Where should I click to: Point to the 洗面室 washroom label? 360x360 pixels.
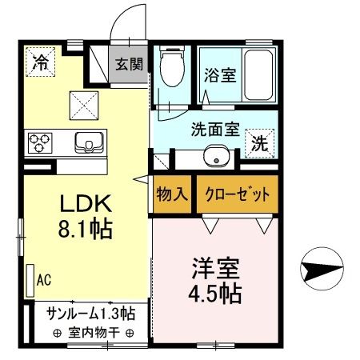click(x=215, y=127)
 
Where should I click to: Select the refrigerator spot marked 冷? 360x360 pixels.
click(x=39, y=61)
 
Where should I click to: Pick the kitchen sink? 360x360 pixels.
click(x=88, y=142)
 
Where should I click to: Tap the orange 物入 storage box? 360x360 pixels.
click(x=172, y=194)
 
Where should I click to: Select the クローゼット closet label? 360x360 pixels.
click(x=236, y=194)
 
